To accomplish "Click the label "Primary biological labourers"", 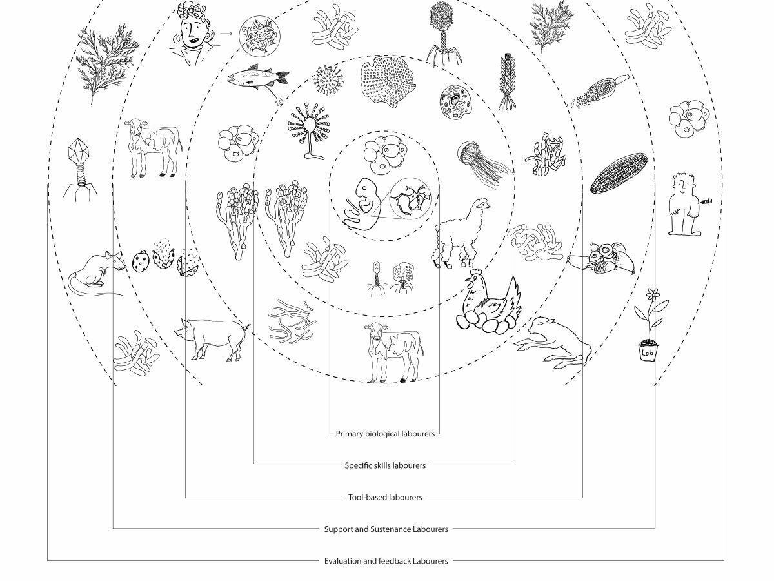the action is click(x=384, y=434).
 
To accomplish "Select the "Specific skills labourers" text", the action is click(x=385, y=465).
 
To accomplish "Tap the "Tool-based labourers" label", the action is click(x=385, y=497).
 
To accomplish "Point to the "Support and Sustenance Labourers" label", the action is click(x=386, y=529).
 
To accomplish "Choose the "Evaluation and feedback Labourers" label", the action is click(x=386, y=561).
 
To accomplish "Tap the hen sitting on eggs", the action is click(x=488, y=301).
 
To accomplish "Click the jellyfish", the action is click(x=483, y=163).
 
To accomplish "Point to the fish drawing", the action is click(x=257, y=78).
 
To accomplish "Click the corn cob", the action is click(x=619, y=173).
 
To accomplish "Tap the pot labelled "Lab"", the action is click(x=648, y=351).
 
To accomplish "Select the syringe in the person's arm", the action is click(x=704, y=202).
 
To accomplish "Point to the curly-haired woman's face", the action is click(x=192, y=34).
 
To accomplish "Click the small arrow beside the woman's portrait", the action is click(x=226, y=34).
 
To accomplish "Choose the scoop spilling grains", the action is click(x=599, y=91).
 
